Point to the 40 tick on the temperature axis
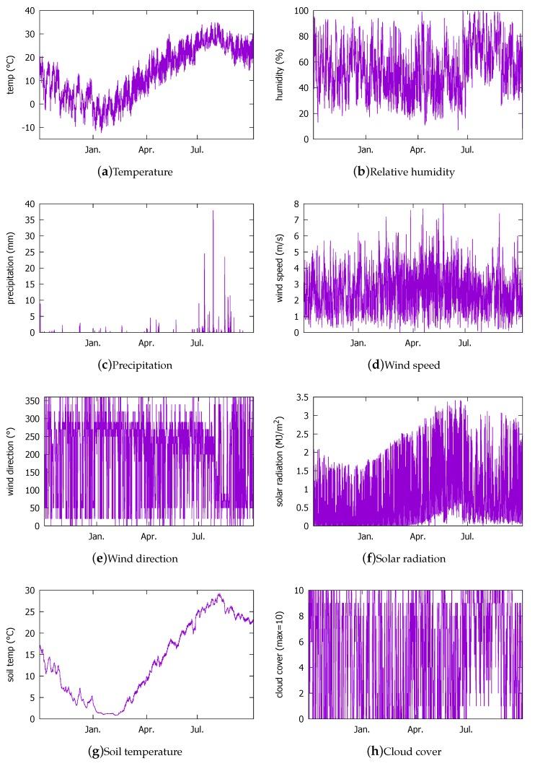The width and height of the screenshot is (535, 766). pos(30,11)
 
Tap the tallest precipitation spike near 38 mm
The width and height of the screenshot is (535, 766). pos(213,211)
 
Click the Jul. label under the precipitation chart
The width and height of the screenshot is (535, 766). pos(198,344)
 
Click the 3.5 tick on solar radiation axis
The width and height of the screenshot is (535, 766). pos(296,397)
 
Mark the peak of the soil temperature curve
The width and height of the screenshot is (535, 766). pos(219,594)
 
